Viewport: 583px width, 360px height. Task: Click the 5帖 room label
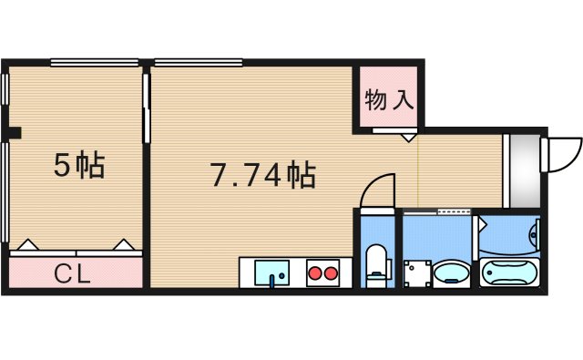[79, 166]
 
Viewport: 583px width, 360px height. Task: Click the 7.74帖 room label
[262, 174]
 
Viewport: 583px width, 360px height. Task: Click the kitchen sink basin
[271, 272]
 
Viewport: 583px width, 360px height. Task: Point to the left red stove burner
[313, 272]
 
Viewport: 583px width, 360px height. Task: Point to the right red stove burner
[330, 272]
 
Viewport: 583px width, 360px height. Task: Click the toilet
[375, 263]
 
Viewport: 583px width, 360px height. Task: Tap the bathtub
[510, 272]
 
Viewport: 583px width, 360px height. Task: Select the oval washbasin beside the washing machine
[451, 272]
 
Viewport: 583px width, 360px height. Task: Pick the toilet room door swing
[375, 190]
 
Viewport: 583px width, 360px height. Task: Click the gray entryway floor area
[523, 170]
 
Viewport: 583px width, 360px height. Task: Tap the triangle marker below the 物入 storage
[409, 138]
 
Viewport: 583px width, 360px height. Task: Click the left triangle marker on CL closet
[27, 245]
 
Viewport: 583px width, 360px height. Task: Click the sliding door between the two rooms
[147, 107]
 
